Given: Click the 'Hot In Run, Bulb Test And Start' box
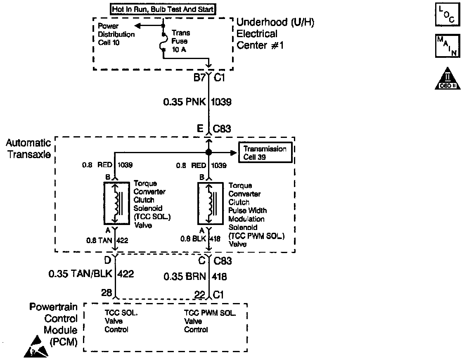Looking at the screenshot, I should [163, 9].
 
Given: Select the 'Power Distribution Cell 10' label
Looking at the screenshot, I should [116, 34].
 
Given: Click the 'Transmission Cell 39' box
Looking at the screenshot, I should [265, 153].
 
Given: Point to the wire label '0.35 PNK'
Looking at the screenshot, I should [185, 102].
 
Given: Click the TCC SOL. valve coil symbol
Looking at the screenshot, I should [116, 203].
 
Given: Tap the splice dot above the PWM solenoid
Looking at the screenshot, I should [208, 152].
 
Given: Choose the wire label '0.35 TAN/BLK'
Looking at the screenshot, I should [81, 274].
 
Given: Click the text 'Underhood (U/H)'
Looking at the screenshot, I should [275, 23].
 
